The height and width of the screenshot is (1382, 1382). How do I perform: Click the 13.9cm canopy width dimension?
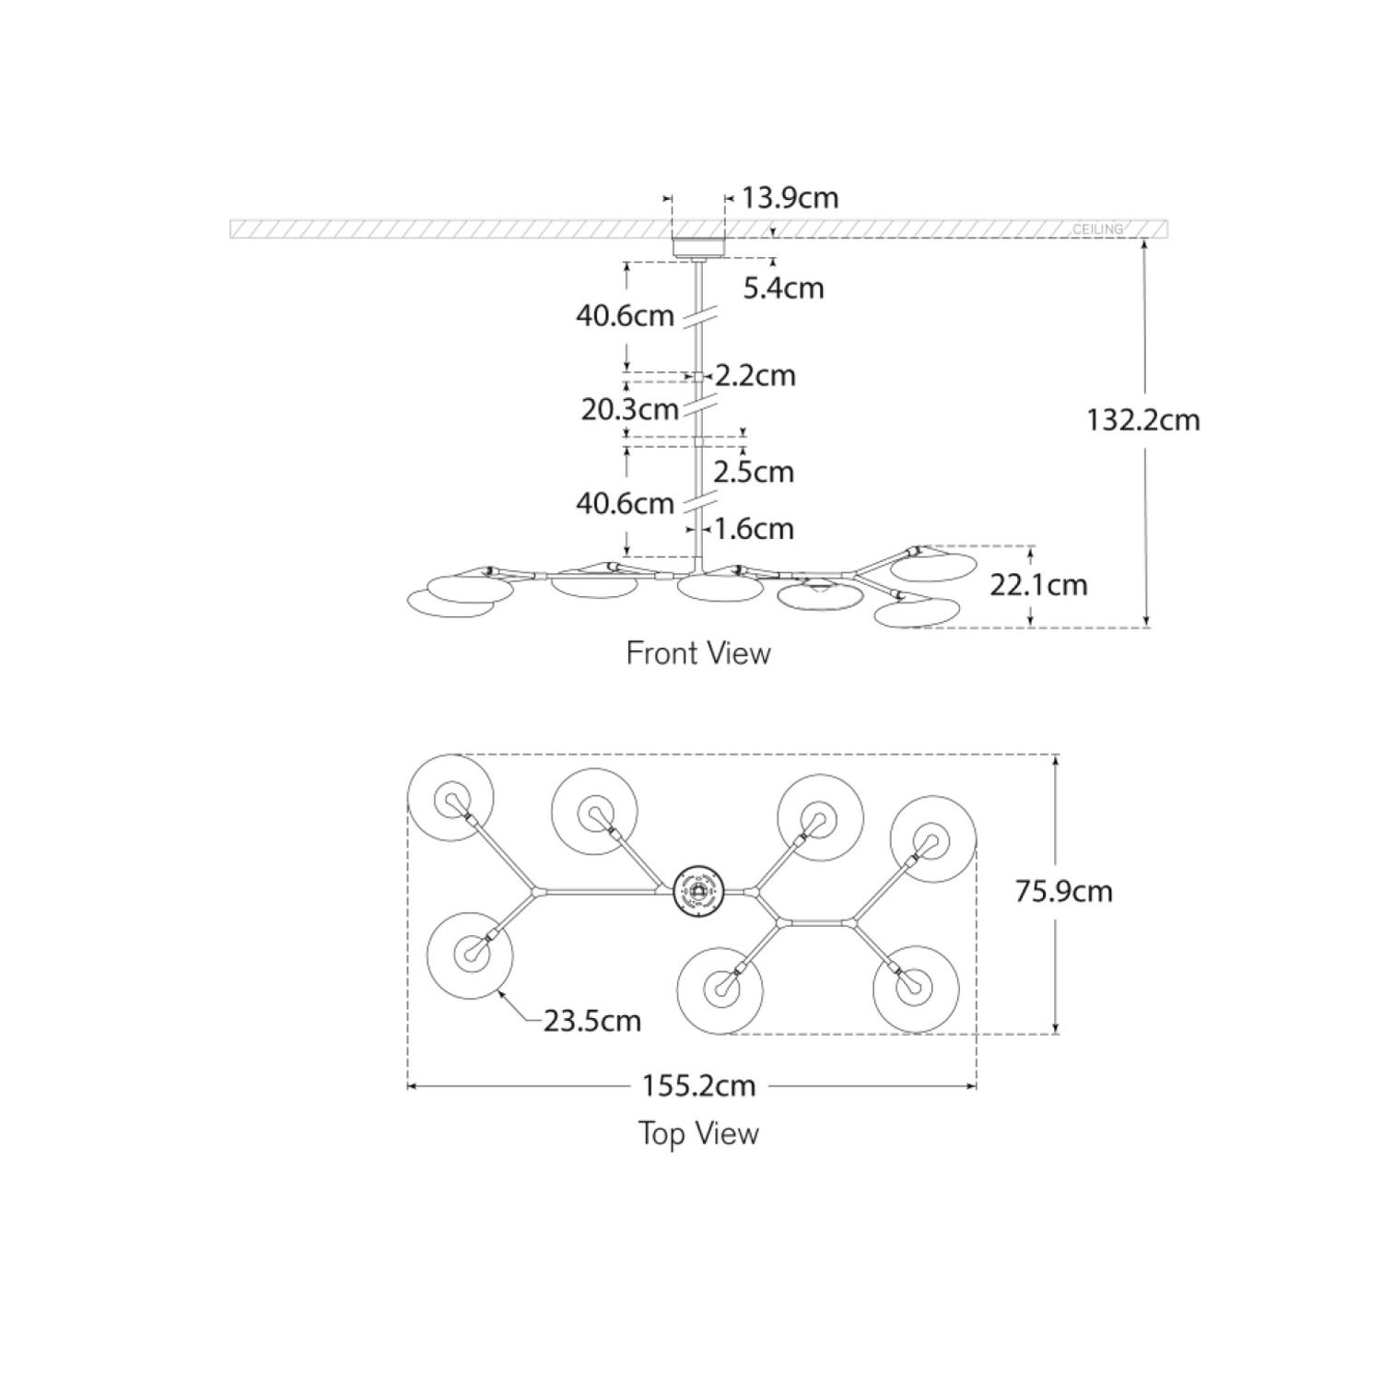point(790,198)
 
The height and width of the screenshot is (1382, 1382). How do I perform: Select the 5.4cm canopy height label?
point(783,288)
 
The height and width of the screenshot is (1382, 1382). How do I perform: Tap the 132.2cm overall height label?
point(1142,420)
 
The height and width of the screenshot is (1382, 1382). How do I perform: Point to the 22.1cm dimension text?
point(1038,584)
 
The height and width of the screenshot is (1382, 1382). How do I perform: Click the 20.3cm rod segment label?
point(629,408)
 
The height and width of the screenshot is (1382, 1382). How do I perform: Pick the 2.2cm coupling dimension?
point(755,376)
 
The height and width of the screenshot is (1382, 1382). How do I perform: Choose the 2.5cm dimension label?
point(753,472)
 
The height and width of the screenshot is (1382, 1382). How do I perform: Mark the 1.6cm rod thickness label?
point(753,529)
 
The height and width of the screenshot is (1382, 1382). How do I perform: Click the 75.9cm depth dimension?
point(1063,891)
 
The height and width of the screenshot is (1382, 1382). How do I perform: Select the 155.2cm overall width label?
point(698,1085)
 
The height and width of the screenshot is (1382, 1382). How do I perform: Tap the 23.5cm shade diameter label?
point(591,1021)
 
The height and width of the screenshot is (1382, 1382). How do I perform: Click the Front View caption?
point(698,653)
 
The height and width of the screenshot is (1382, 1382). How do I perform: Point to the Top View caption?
point(698,1133)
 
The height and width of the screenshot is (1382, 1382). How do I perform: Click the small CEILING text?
point(1097,228)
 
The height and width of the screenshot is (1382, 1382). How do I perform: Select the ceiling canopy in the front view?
point(698,247)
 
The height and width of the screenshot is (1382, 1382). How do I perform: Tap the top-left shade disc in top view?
point(451,798)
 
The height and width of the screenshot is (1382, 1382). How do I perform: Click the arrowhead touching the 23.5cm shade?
point(500,992)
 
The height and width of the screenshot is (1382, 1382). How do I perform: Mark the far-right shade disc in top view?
point(932,838)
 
